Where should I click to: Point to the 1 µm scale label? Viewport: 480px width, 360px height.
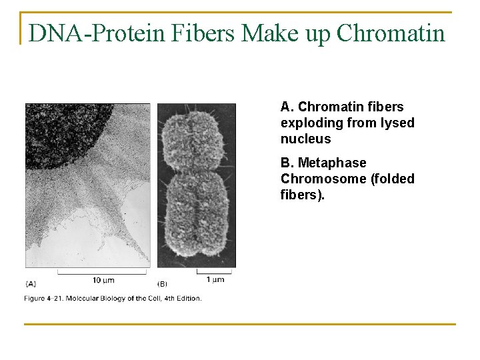pyautogui.click(x=214, y=279)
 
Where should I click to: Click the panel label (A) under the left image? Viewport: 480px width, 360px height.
pyautogui.click(x=31, y=283)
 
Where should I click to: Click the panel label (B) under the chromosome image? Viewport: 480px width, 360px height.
pyautogui.click(x=163, y=283)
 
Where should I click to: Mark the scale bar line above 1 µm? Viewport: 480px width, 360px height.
pyautogui.click(x=214, y=271)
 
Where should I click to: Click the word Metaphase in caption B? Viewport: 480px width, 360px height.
pyautogui.click(x=332, y=163)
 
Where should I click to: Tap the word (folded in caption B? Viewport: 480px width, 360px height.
pyautogui.click(x=392, y=179)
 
